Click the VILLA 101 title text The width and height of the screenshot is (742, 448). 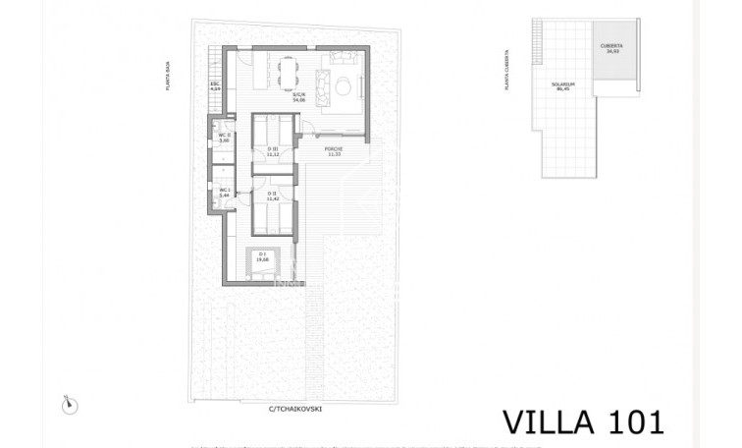(584, 421)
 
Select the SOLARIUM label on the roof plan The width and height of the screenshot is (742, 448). (562, 86)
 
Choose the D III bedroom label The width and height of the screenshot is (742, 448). (273, 151)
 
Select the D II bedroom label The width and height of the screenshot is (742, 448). (273, 196)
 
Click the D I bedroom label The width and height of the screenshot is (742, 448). (261, 257)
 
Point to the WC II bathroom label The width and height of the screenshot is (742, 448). (224, 138)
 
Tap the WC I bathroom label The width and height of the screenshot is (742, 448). (224, 192)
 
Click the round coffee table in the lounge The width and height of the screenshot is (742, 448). (344, 88)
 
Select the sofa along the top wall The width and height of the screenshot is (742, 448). (343, 57)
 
